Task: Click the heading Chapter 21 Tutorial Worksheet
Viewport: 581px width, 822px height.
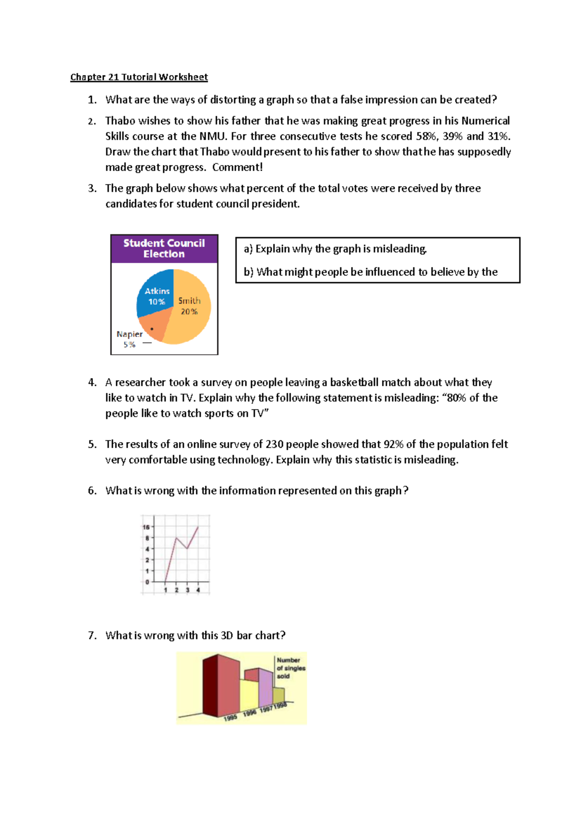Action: pos(139,77)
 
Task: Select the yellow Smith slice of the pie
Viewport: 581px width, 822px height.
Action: pos(191,315)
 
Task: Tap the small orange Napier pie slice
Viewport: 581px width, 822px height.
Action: pos(155,329)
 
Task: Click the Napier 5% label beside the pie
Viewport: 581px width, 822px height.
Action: pos(129,339)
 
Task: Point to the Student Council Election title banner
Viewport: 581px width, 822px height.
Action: pos(164,249)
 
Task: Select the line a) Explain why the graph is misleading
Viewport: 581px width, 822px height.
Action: pos(335,249)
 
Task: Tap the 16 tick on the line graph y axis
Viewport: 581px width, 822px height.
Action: pos(146,527)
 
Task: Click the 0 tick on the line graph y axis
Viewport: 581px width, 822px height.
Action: pos(147,582)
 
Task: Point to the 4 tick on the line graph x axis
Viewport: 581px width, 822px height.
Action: pos(198,590)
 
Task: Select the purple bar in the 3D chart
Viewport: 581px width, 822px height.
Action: pos(265,687)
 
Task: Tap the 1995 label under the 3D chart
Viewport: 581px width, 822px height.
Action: pos(230,718)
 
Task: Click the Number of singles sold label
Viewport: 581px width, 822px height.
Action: pos(290,668)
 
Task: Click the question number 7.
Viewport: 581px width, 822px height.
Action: pos(92,635)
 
